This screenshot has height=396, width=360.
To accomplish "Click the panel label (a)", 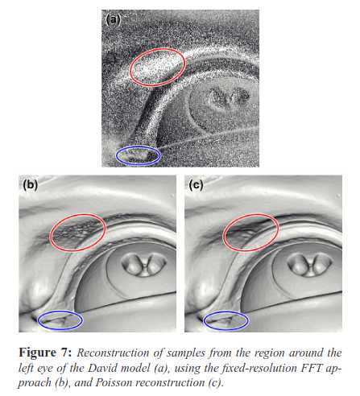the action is click(x=113, y=19).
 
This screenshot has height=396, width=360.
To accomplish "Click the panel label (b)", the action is click(x=30, y=185).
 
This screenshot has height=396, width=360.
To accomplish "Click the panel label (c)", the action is click(x=196, y=185).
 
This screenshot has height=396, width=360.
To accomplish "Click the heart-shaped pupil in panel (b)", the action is click(x=144, y=264).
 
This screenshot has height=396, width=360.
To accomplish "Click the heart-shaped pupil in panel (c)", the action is click(x=310, y=265).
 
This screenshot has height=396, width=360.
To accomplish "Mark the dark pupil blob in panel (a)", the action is click(x=230, y=97).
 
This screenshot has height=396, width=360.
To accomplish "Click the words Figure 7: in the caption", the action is click(x=45, y=353).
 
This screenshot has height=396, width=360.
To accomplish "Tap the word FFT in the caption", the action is click(x=312, y=368).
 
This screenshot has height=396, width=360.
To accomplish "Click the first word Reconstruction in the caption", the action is click(x=113, y=353).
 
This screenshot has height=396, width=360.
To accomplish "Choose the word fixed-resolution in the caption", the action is click(x=257, y=368).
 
